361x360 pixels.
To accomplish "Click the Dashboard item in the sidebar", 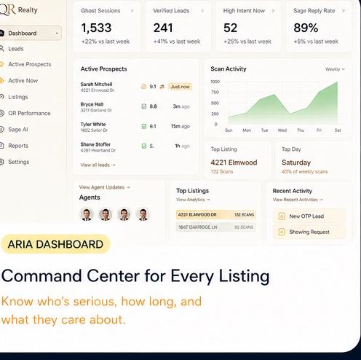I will pyautogui.click(x=23, y=34).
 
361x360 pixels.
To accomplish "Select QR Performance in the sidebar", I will pyautogui.click(x=29, y=113).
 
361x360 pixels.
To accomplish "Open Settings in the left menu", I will pyautogui.click(x=19, y=162).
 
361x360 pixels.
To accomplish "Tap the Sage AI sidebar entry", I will pyautogui.click(x=19, y=129).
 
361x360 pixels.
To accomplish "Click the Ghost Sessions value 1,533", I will pyautogui.click(x=96, y=28).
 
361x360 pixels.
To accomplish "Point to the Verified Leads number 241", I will pyautogui.click(x=164, y=28).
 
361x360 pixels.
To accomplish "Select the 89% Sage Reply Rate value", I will pyautogui.click(x=306, y=28).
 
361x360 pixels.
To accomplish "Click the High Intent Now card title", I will pyautogui.click(x=244, y=11).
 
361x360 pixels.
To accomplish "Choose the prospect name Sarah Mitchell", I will pyautogui.click(x=96, y=85).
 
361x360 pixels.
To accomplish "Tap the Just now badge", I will pyautogui.click(x=180, y=87).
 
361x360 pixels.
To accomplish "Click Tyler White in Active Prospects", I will pyautogui.click(x=92, y=125).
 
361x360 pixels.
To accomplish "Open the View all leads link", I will pyautogui.click(x=98, y=165).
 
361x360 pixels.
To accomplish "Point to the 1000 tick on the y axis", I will pyautogui.click(x=215, y=82).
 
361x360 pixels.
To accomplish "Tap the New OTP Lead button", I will pyautogui.click(x=306, y=216).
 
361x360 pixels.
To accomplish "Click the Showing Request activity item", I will pyautogui.click(x=309, y=232).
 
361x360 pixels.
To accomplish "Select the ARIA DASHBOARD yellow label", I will pyautogui.click(x=55, y=244).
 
